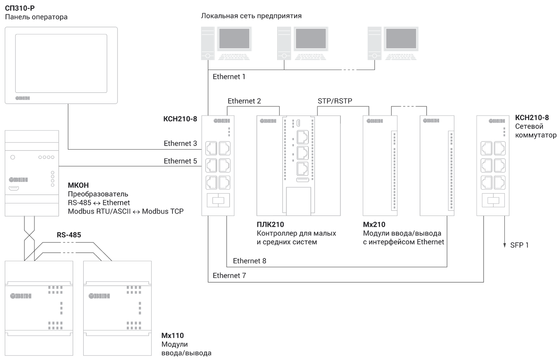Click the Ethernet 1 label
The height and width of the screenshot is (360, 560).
pos(229,76)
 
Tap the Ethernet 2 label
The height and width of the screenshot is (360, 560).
pos(244,101)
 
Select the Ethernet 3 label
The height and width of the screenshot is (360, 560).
pos(180,143)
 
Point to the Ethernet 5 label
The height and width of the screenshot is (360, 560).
pos(180,161)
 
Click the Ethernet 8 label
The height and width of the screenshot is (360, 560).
pos(249,261)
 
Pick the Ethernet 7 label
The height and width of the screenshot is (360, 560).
pos(229,275)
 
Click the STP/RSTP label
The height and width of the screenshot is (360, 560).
pos(335,101)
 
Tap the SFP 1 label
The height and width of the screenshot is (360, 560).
pos(519,245)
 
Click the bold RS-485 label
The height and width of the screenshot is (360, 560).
pos(69,235)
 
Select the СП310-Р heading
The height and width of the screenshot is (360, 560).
pos(20,8)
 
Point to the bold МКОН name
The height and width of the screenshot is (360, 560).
pos(78,185)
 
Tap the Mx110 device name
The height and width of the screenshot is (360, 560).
pos(173,335)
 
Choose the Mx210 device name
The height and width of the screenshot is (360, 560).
pos(374,224)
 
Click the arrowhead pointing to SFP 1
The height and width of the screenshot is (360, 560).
pos(504,246)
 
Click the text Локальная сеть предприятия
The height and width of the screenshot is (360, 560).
pos(251,16)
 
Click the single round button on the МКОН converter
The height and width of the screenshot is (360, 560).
pos(13,157)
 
